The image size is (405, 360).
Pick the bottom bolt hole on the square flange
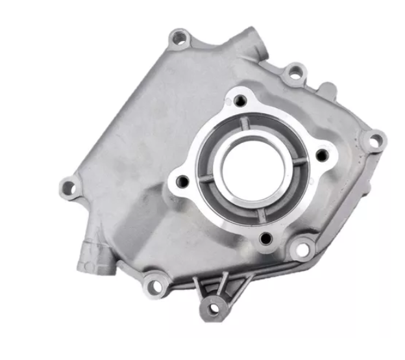(264, 238)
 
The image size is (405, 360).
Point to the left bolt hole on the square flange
(182, 180)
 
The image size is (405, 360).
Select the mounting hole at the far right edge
(374, 139)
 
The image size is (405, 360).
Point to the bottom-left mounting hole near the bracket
(153, 283)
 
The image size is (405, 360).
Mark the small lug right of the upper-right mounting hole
(328, 87)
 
